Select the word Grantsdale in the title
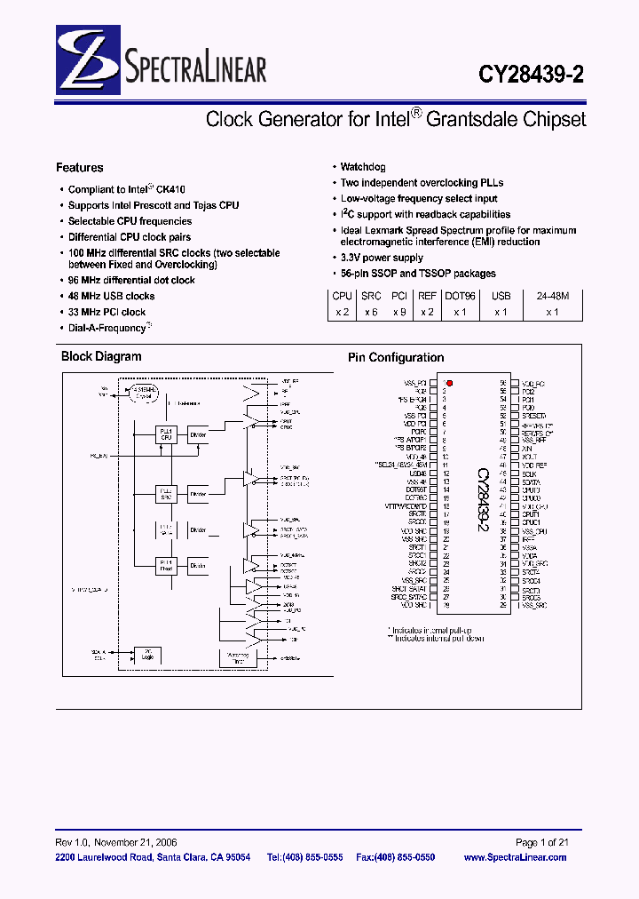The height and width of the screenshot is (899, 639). click(469, 119)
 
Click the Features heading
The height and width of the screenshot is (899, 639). click(79, 167)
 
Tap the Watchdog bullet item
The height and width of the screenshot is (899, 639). click(363, 167)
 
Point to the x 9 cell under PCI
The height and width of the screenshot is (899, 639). click(401, 312)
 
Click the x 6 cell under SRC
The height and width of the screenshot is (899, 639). click(371, 312)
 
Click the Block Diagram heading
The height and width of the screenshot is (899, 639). click(101, 356)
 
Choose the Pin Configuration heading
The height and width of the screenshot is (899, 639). click(396, 357)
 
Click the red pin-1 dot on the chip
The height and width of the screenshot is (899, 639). click(450, 384)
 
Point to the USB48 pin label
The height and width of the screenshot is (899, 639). click(417, 473)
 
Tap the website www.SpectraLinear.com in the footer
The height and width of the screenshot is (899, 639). click(515, 857)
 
